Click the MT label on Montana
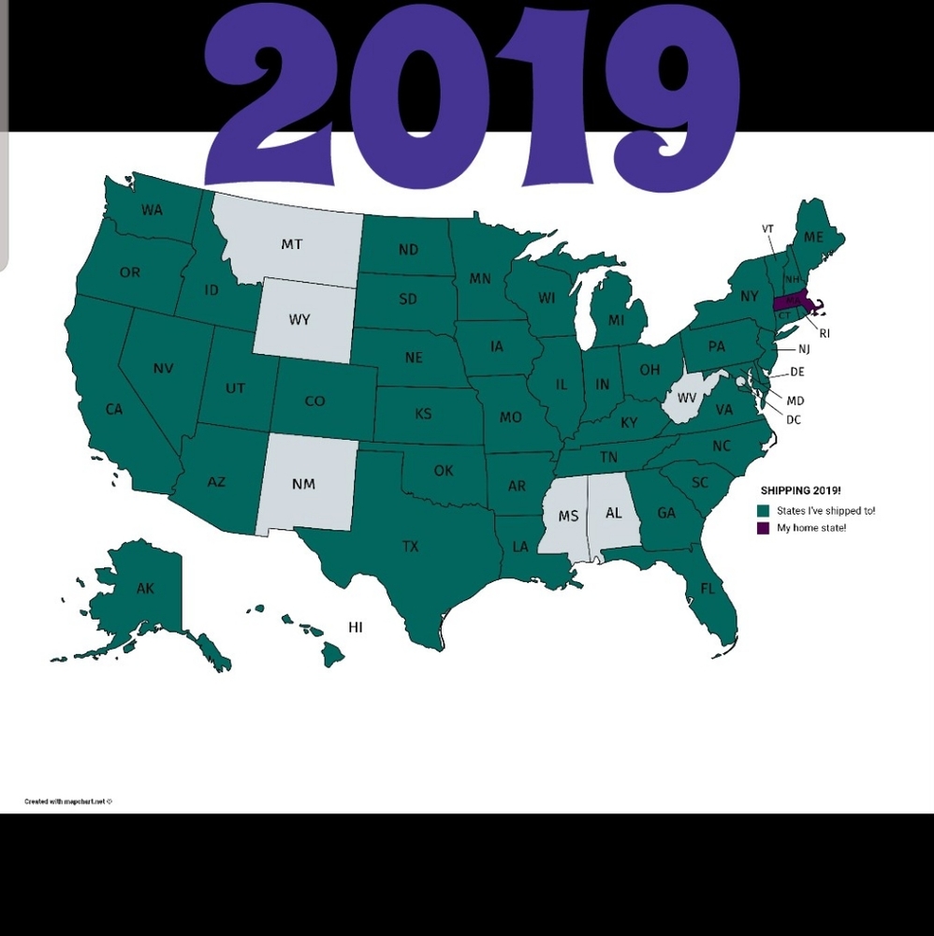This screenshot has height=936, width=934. point(292,244)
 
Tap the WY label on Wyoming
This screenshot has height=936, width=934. point(299,320)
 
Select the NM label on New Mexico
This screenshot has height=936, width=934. point(303,484)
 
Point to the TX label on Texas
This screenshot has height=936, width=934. point(410,547)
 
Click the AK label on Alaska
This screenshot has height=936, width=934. point(145,589)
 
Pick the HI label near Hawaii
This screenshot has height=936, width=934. point(355,627)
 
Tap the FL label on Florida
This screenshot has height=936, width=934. point(708,590)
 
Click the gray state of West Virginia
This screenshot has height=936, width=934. point(690,397)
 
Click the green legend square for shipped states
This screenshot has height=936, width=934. point(764,511)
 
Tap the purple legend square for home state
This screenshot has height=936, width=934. point(764,528)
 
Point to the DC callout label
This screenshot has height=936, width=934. point(794,420)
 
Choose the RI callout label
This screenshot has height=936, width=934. point(825,332)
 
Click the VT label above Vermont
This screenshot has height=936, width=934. point(767,228)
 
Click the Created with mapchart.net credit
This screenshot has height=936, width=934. point(68,801)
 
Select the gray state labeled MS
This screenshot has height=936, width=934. point(568,516)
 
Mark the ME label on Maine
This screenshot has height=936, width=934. point(813,238)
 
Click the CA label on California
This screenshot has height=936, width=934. point(114,409)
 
